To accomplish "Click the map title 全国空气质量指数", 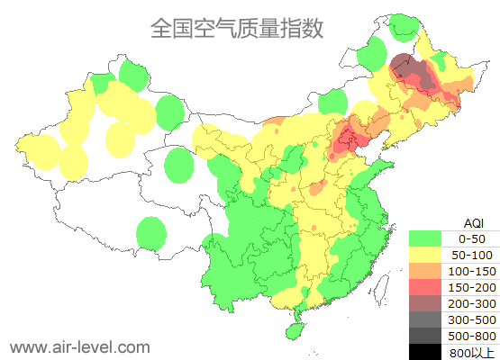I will (x=236, y=28).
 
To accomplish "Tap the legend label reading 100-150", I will (x=473, y=271).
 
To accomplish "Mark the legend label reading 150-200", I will (x=473, y=287).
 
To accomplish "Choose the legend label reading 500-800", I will (x=473, y=336).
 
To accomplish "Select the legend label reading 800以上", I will (x=473, y=352).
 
